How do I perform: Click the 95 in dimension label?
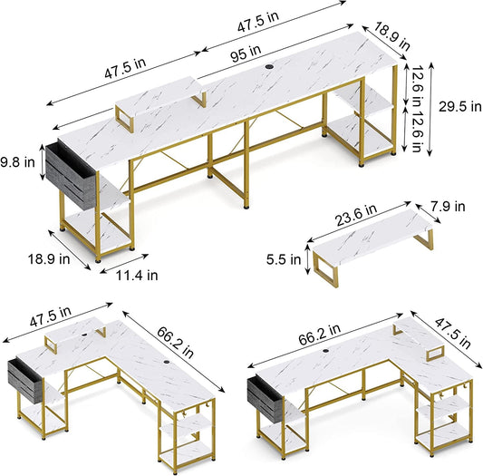246,53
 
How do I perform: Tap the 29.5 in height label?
460,107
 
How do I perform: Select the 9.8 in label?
17,162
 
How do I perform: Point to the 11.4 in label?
137,275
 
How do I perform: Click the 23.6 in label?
356,215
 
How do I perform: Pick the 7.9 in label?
448,206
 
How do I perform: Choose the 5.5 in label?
284,259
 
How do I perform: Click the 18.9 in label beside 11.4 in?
49,258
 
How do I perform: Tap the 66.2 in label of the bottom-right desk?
320,334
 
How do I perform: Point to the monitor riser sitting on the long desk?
160,101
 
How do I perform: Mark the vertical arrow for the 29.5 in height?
431,109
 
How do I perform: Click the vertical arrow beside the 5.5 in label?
307,259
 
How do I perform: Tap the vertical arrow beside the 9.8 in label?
43,162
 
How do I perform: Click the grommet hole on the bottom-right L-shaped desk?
325,351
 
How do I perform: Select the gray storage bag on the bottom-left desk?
24,381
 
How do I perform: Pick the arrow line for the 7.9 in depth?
428,213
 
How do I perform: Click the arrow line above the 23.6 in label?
359,221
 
